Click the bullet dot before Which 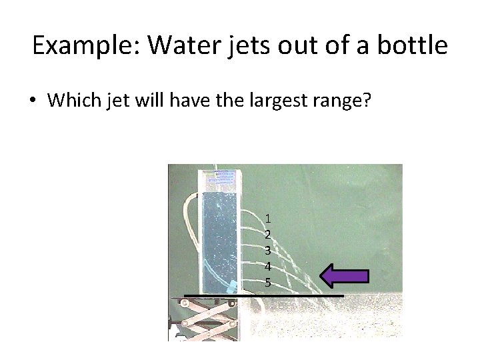33,101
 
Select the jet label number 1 267,218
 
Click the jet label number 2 267,234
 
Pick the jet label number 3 267,251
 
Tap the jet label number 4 267,267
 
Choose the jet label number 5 267,283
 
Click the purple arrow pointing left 344,276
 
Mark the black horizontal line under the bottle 263,295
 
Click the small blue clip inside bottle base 231,287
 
